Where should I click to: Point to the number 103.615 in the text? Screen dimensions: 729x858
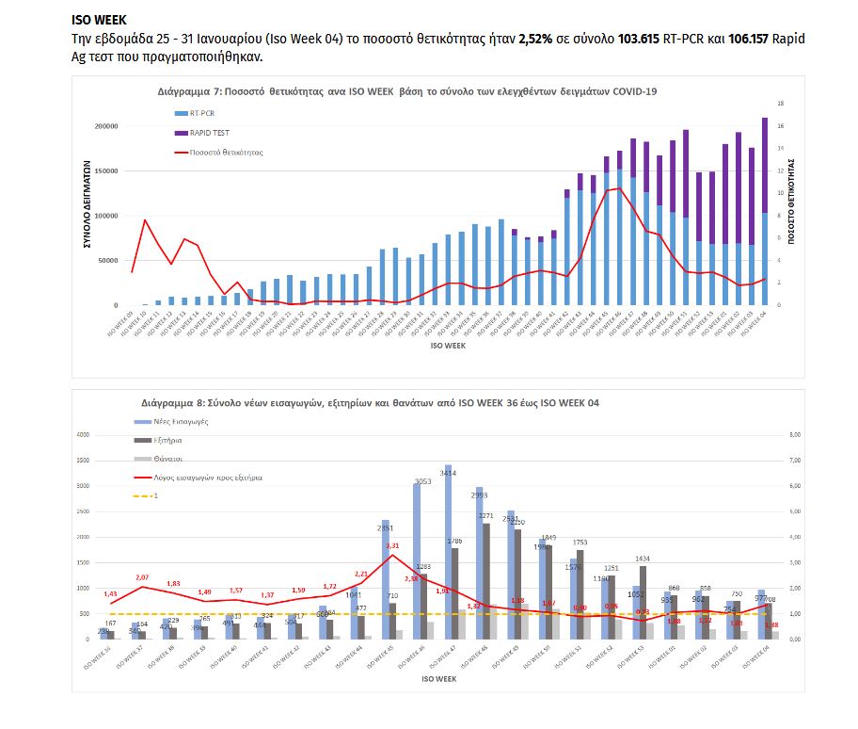(641, 39)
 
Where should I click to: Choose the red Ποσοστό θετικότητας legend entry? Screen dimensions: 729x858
(225, 152)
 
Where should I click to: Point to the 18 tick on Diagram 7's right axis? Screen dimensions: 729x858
(780, 104)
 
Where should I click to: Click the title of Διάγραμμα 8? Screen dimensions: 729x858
(371, 402)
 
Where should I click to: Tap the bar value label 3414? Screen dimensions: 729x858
(449, 473)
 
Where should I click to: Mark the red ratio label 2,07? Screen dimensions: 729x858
(142, 577)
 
